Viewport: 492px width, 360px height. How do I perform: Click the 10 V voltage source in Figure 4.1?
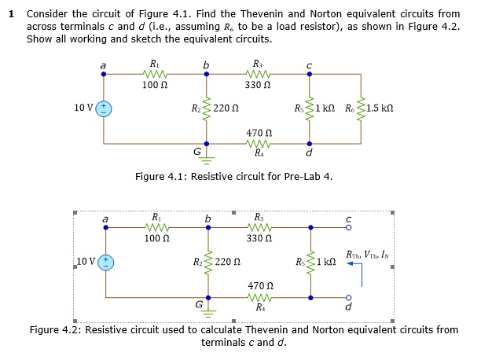pyautogui.click(x=104, y=109)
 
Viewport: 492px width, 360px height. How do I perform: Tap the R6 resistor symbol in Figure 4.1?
pyautogui.click(x=361, y=108)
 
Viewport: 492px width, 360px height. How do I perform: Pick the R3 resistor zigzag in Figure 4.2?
pyautogui.click(x=259, y=226)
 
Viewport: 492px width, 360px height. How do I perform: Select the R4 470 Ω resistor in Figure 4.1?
pyautogui.click(x=259, y=144)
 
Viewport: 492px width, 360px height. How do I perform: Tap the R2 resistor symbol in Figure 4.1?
pyautogui.click(x=207, y=108)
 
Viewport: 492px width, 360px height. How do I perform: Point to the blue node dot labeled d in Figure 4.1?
pyautogui.click(x=309, y=144)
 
